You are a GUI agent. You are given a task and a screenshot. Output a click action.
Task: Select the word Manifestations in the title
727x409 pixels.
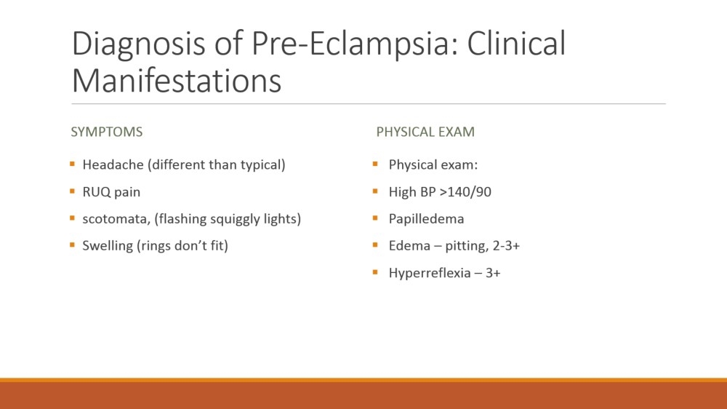[177, 80]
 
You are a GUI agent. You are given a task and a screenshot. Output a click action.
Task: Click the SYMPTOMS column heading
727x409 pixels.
[107, 132]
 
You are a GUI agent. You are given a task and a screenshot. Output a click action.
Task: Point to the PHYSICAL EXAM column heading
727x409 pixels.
[425, 132]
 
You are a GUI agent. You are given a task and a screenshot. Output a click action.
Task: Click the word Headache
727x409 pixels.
[113, 164]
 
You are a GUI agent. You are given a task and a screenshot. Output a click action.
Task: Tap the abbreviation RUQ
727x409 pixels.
[97, 191]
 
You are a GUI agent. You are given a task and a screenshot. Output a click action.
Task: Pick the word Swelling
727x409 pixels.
[108, 246]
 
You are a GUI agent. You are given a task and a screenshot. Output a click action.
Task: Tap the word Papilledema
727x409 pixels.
[426, 219]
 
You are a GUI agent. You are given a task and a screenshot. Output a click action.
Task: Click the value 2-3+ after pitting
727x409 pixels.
[506, 245]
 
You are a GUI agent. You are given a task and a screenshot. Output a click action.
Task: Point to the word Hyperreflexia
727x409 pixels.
[429, 273]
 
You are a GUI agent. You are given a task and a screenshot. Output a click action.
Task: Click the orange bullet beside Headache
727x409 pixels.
[72, 164]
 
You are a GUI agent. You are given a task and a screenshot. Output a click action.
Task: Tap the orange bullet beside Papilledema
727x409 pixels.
[375, 218]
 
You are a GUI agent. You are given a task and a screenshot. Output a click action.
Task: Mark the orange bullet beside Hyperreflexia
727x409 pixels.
[375, 272]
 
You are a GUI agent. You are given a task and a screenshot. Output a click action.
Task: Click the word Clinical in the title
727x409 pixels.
[516, 43]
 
